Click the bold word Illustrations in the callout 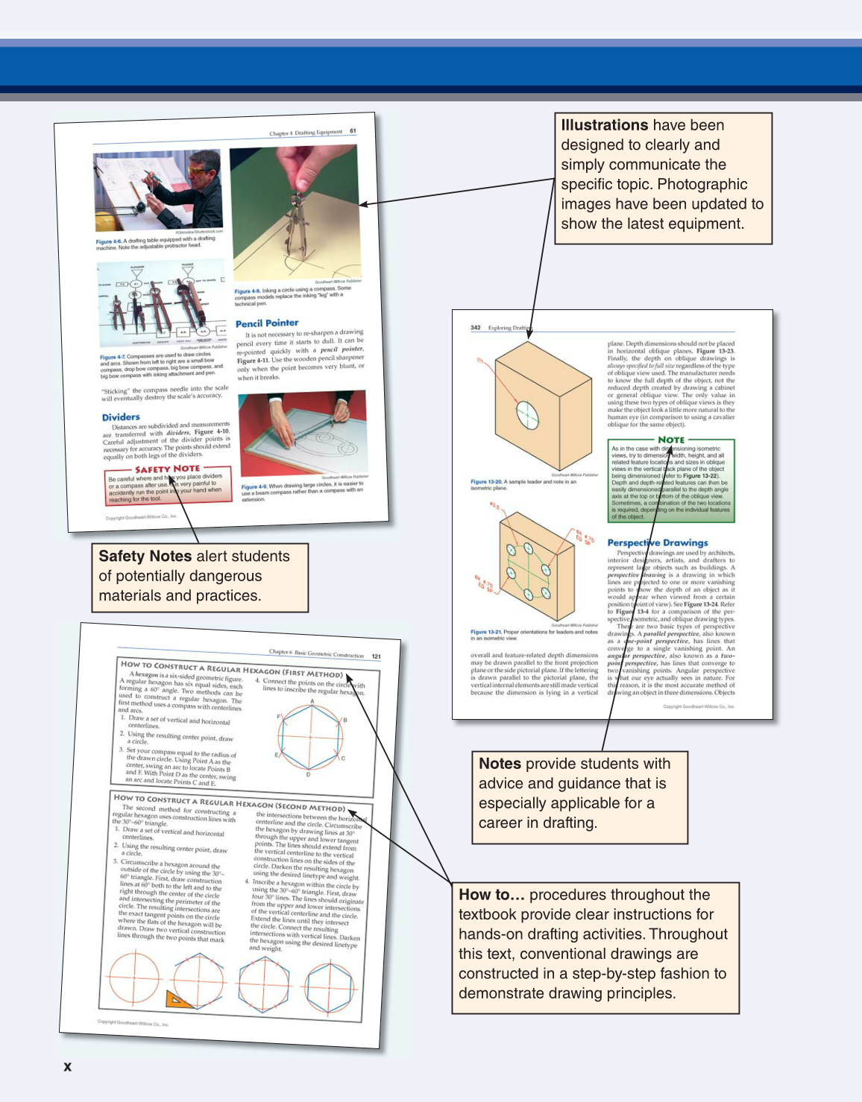click(603, 125)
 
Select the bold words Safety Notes click(145, 556)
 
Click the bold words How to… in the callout click(491, 895)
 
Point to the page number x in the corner click(68, 1066)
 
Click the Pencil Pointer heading click(267, 323)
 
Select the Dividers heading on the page click(121, 417)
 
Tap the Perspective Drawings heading click(657, 542)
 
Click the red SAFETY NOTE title click(167, 469)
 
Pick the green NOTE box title click(671, 440)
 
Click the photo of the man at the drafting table click(158, 191)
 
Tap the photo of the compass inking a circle click(295, 212)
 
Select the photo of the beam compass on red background click(303, 433)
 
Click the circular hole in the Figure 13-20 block click(526, 414)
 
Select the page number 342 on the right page click(476, 327)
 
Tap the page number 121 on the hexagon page click(376, 656)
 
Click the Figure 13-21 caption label click(485, 632)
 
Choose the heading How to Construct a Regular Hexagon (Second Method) click(229, 802)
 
